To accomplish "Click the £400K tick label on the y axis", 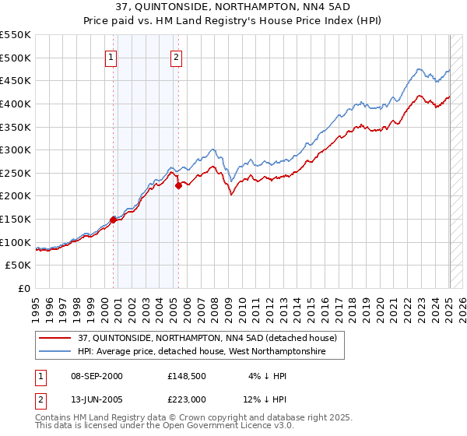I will (15, 104).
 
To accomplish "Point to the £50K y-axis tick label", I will (18, 265).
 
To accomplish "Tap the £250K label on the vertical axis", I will (15, 173).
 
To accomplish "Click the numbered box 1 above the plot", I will (111, 56).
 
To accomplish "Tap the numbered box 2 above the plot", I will (177, 56).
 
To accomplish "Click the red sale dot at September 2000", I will (113, 220).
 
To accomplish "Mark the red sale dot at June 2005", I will (178, 185).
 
